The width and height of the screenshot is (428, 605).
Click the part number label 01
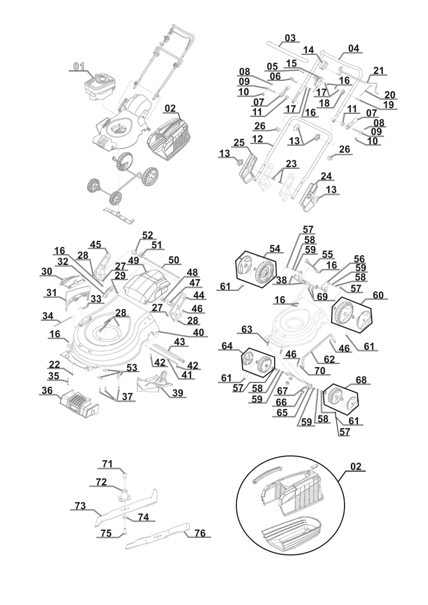point(79,66)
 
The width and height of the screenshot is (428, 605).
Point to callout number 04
point(353,48)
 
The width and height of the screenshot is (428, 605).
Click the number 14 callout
point(309,50)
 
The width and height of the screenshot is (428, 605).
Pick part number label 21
point(379,70)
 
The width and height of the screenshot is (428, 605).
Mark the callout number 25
point(239,142)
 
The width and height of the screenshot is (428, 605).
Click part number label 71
point(107,464)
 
